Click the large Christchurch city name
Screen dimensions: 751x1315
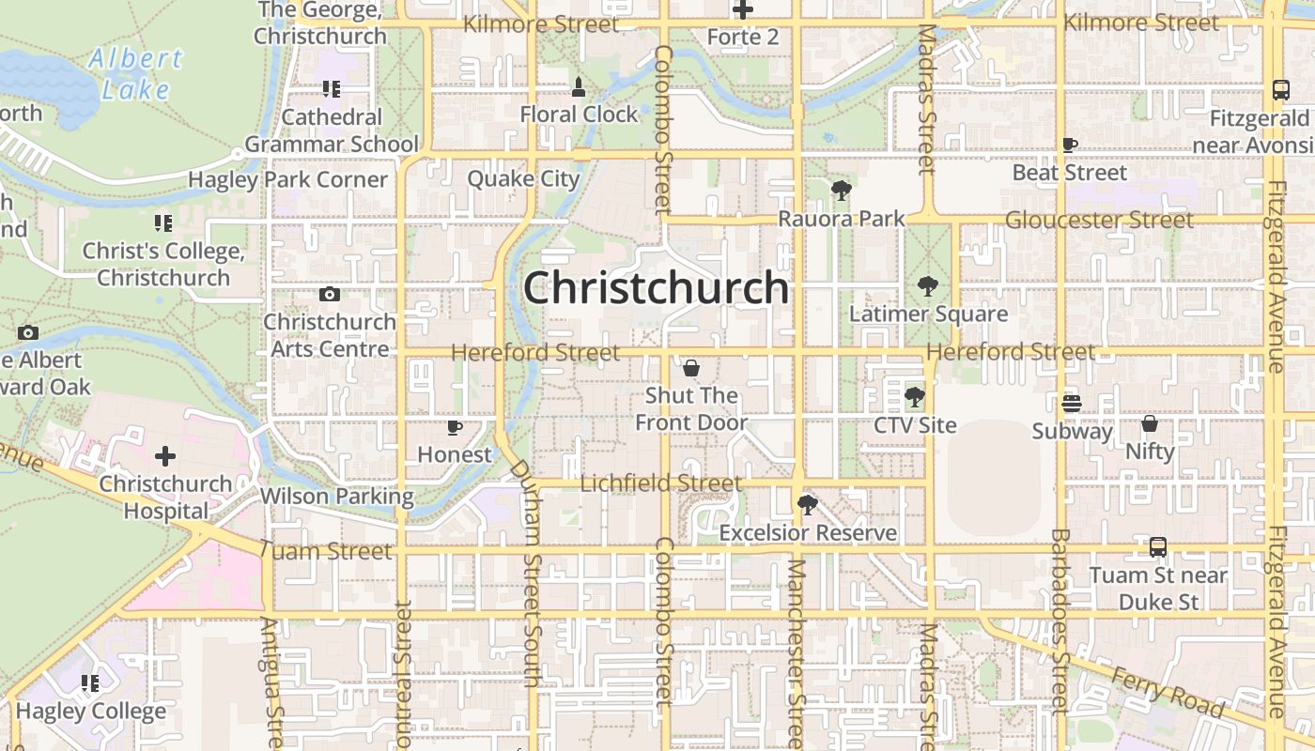(656, 288)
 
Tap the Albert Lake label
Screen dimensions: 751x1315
(136, 73)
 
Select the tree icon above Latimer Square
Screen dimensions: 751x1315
(928, 286)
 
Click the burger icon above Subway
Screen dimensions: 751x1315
(1071, 404)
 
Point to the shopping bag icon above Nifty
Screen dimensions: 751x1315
(1150, 423)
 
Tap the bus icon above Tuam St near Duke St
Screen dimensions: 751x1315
(1158, 546)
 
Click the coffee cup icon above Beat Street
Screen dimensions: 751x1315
(1069, 145)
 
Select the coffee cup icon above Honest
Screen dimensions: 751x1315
(455, 427)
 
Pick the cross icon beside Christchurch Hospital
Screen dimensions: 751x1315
(165, 456)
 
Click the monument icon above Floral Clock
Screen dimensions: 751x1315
(579, 87)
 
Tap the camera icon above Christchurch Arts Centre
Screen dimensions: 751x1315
(329, 294)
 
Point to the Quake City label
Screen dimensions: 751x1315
(523, 178)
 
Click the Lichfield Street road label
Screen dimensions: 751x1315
(661, 483)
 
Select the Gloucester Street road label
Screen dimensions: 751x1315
(1099, 220)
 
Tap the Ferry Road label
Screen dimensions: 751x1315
(1168, 692)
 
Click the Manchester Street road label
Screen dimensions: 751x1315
(797, 648)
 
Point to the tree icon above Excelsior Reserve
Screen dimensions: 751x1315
(806, 505)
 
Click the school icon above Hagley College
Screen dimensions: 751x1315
(90, 683)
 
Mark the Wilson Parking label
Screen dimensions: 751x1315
(336, 496)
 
